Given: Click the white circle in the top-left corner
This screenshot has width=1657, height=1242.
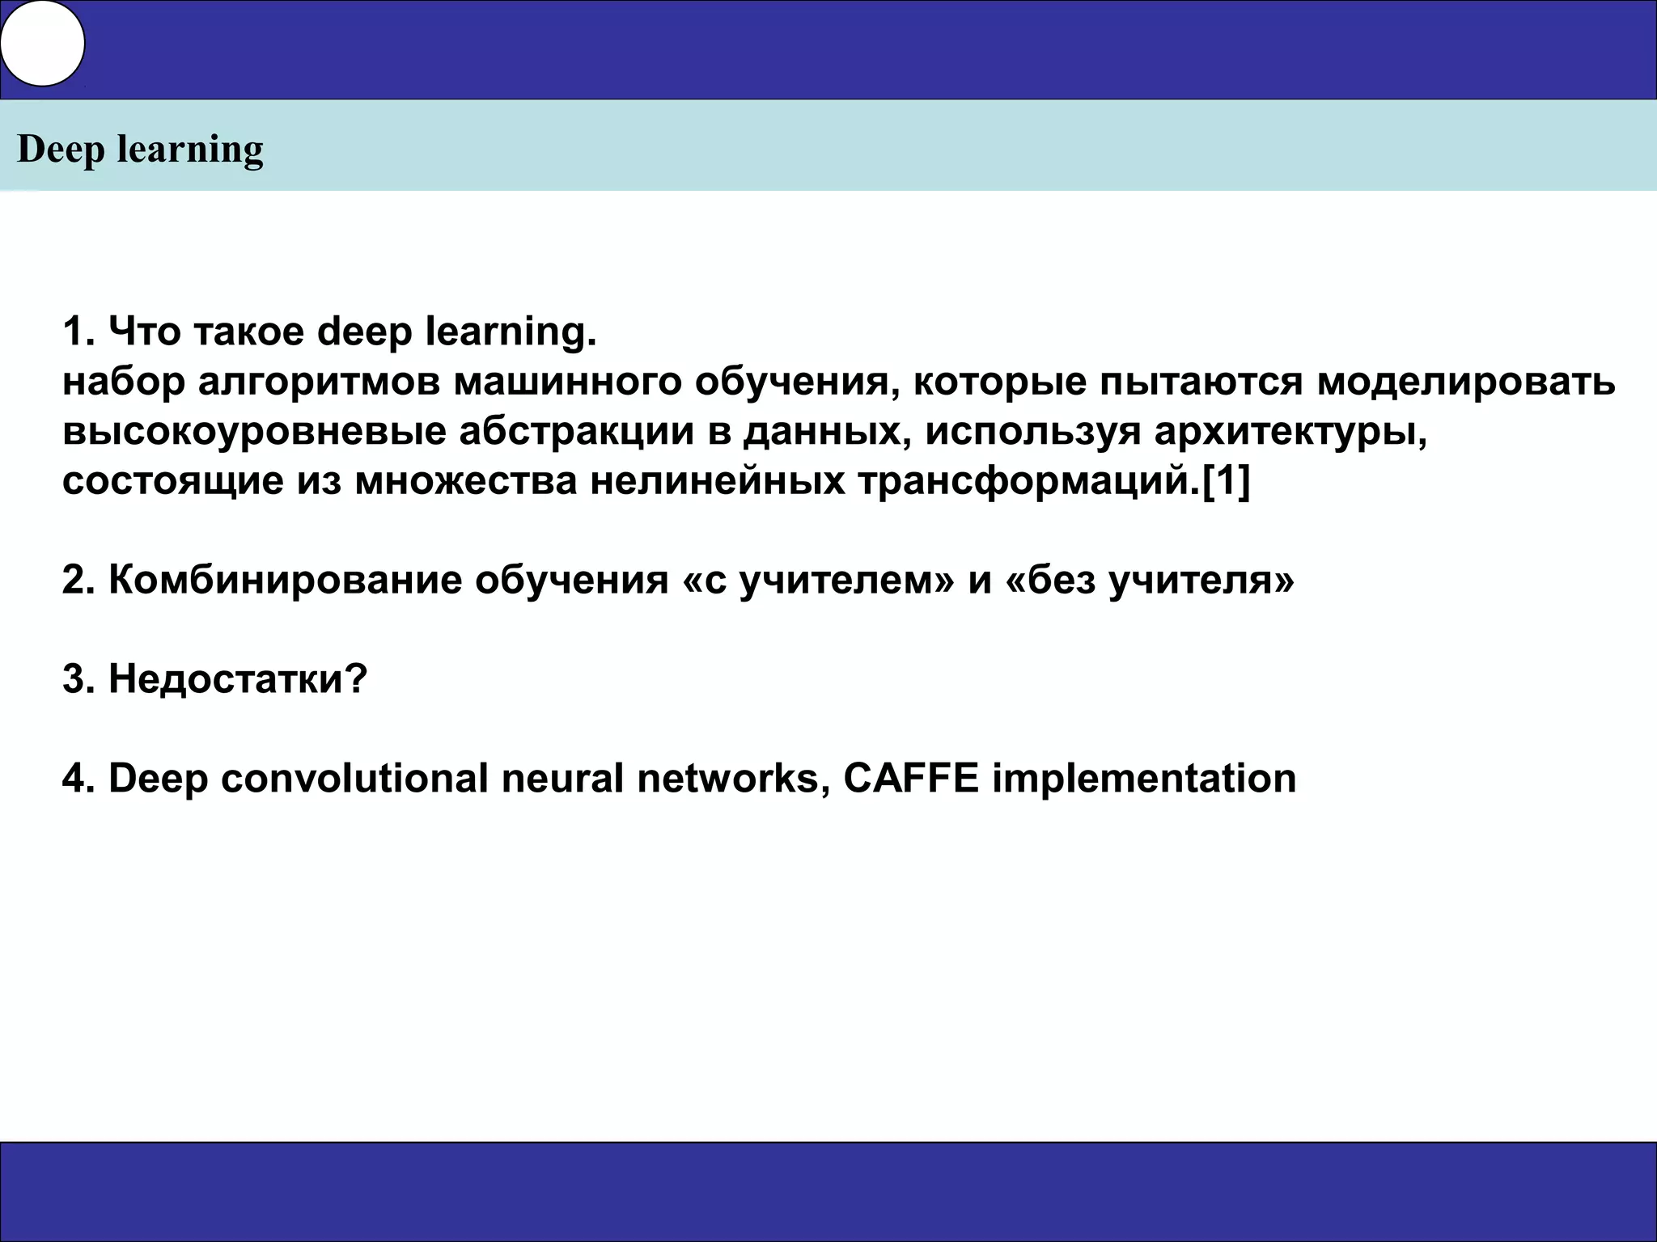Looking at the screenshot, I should point(42,44).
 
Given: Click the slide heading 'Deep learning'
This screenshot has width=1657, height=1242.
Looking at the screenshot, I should point(140,149).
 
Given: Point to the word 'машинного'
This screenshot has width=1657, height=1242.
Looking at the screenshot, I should point(567,382).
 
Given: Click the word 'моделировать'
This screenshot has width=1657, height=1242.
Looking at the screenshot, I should point(1466,382).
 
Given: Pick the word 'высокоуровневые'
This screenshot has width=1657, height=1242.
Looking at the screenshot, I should point(254,431).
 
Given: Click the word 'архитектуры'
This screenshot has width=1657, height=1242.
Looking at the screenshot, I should point(1290,431).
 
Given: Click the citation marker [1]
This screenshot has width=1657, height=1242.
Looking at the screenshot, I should point(1227,481).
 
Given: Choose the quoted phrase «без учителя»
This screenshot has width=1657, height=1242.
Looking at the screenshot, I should point(1149,580).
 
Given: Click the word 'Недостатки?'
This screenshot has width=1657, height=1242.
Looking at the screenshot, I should point(238,679).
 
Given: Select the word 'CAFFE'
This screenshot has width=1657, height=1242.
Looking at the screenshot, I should point(911,778).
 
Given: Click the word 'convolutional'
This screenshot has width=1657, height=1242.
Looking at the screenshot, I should point(354,778).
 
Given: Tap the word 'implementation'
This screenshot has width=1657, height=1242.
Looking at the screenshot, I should point(1144,778).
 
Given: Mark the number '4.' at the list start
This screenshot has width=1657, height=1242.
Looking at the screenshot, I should point(79,778).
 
